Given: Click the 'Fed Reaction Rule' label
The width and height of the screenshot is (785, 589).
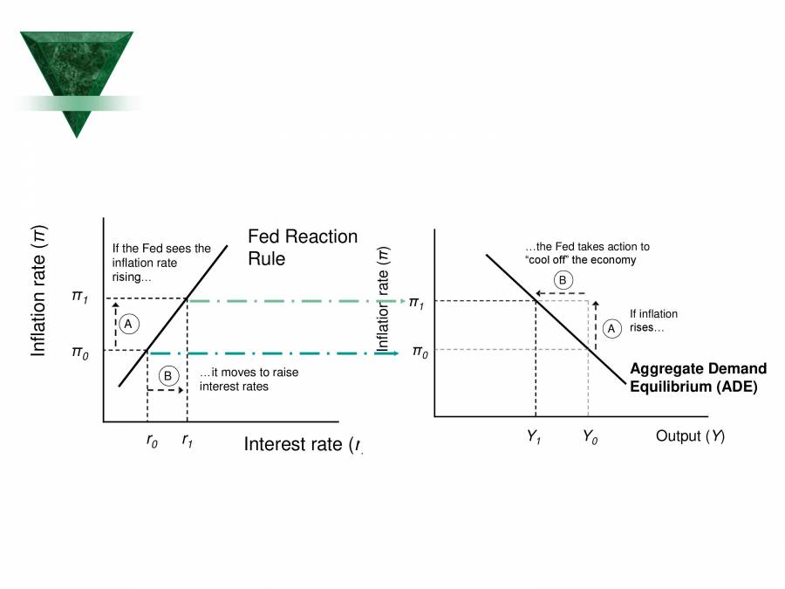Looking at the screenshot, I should pyautogui.click(x=302, y=248).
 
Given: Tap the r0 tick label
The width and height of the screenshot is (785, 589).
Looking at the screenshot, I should pyautogui.click(x=152, y=441).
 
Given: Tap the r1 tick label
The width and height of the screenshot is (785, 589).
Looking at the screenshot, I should pyautogui.click(x=188, y=441).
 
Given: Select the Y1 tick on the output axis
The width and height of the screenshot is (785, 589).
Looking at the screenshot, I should pyautogui.click(x=535, y=437).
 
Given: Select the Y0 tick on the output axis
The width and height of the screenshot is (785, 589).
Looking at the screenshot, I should pyautogui.click(x=590, y=437).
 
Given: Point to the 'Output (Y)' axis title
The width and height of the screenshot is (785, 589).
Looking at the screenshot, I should pyautogui.click(x=690, y=436).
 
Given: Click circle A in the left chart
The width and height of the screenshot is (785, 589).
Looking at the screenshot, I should pyautogui.click(x=128, y=324).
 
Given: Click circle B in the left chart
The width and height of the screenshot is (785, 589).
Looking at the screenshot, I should pyautogui.click(x=168, y=376).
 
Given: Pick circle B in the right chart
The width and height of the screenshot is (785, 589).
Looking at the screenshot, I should pyautogui.click(x=563, y=280).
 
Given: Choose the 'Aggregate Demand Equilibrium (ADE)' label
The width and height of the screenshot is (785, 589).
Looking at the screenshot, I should pyautogui.click(x=698, y=378).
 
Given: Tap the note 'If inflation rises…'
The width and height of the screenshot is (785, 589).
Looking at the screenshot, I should pyautogui.click(x=653, y=321).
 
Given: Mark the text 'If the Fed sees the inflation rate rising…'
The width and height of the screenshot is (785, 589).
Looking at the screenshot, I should pyautogui.click(x=161, y=263).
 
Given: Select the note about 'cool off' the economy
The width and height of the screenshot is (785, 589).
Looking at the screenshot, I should pyautogui.click(x=586, y=253).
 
